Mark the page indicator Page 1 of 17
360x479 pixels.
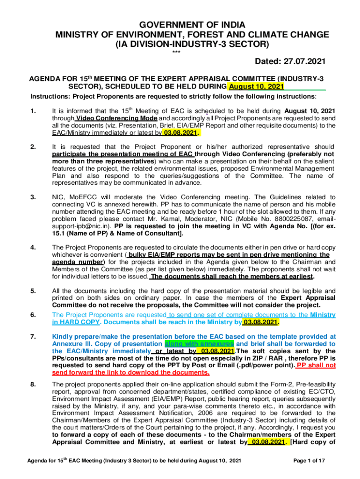309,461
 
